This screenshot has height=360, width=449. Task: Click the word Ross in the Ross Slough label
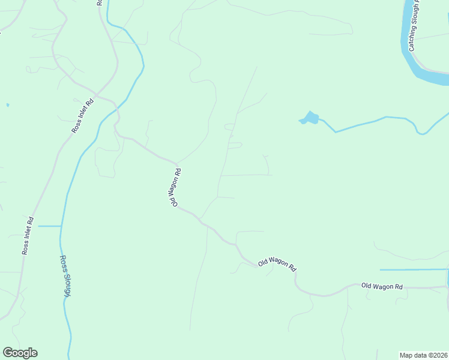(x=63, y=264)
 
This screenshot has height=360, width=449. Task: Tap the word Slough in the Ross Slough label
(x=68, y=286)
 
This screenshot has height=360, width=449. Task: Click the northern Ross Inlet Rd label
(x=83, y=116)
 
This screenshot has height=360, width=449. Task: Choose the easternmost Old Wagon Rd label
(x=382, y=287)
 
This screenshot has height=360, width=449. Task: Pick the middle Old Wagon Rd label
(x=277, y=263)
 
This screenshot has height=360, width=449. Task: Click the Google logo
(x=20, y=353)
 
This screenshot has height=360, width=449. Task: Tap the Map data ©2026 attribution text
(x=423, y=355)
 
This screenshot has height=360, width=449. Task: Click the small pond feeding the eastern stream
(x=309, y=118)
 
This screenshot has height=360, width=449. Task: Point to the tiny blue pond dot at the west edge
(x=7, y=105)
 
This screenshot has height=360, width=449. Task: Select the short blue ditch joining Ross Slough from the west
(x=50, y=226)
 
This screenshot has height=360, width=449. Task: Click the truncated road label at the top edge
(x=100, y=3)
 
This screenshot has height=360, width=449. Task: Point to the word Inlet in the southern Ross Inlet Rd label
(x=28, y=235)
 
